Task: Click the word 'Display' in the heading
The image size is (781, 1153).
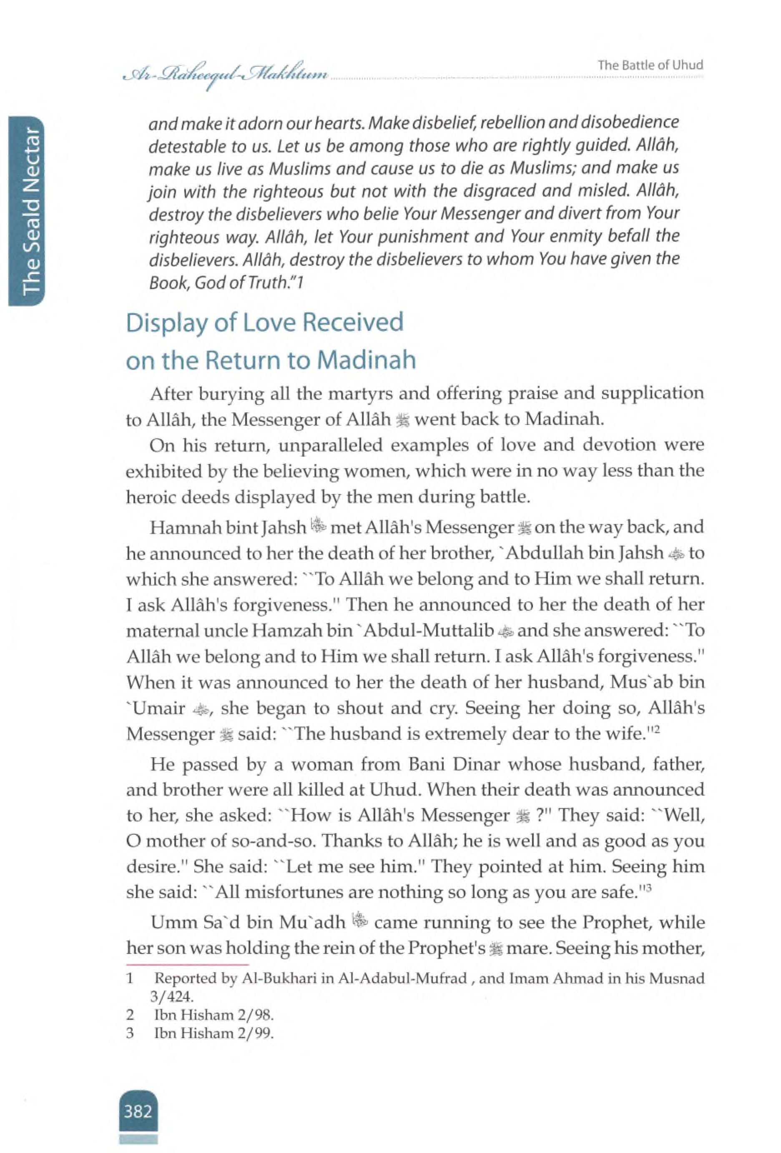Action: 167,324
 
